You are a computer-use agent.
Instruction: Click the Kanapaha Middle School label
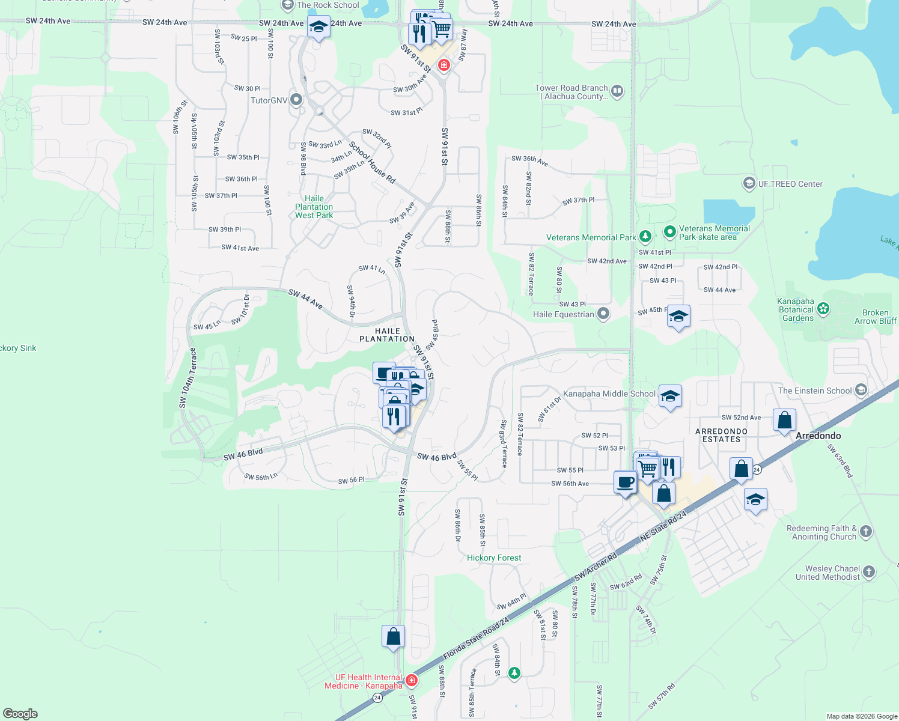[x=609, y=394]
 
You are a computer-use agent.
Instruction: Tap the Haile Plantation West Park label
[x=314, y=207]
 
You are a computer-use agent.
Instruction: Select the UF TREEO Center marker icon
[x=749, y=183]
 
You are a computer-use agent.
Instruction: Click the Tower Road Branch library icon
[x=617, y=91]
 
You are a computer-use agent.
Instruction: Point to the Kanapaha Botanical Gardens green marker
[x=823, y=309]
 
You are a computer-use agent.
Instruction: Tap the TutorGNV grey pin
[x=296, y=100]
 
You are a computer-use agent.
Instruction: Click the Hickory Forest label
[x=494, y=558]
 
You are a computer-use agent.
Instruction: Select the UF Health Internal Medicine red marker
[x=412, y=680]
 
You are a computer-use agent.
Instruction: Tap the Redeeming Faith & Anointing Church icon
[x=865, y=532]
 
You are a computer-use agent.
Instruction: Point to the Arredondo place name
[x=818, y=436]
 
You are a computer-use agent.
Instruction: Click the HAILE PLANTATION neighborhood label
[x=387, y=335]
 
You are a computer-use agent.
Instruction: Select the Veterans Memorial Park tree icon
[x=645, y=237]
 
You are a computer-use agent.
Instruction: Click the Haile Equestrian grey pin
[x=603, y=314]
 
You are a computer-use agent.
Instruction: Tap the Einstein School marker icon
[x=861, y=390]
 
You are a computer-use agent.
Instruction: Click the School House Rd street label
[x=372, y=162]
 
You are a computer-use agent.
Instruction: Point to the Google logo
[x=20, y=714]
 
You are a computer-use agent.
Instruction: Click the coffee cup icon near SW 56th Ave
[x=626, y=482]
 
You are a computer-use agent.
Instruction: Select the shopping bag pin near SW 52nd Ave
[x=784, y=420]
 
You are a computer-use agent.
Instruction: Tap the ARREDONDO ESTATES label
[x=721, y=436]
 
